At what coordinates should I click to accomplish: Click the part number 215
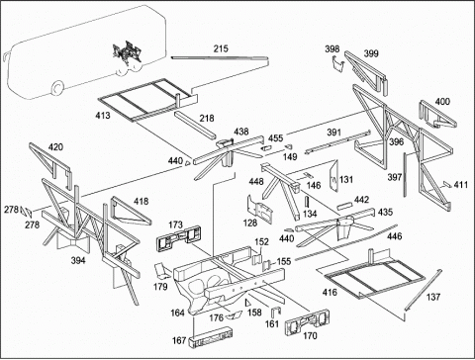(221, 48)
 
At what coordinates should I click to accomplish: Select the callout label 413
(103, 116)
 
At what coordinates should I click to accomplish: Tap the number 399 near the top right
(371, 53)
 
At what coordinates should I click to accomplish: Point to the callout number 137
(433, 297)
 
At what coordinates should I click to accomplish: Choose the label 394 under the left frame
(78, 260)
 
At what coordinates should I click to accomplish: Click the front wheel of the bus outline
(57, 87)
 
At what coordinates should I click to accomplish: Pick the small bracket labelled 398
(337, 63)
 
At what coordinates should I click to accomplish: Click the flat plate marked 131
(333, 175)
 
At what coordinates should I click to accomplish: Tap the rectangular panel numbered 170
(307, 321)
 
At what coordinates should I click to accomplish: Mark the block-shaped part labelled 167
(211, 336)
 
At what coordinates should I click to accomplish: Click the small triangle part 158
(247, 303)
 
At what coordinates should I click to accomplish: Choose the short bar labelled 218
(195, 126)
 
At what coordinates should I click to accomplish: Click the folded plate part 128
(260, 209)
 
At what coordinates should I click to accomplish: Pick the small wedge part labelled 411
(447, 184)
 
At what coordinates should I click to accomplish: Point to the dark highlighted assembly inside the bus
(127, 52)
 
